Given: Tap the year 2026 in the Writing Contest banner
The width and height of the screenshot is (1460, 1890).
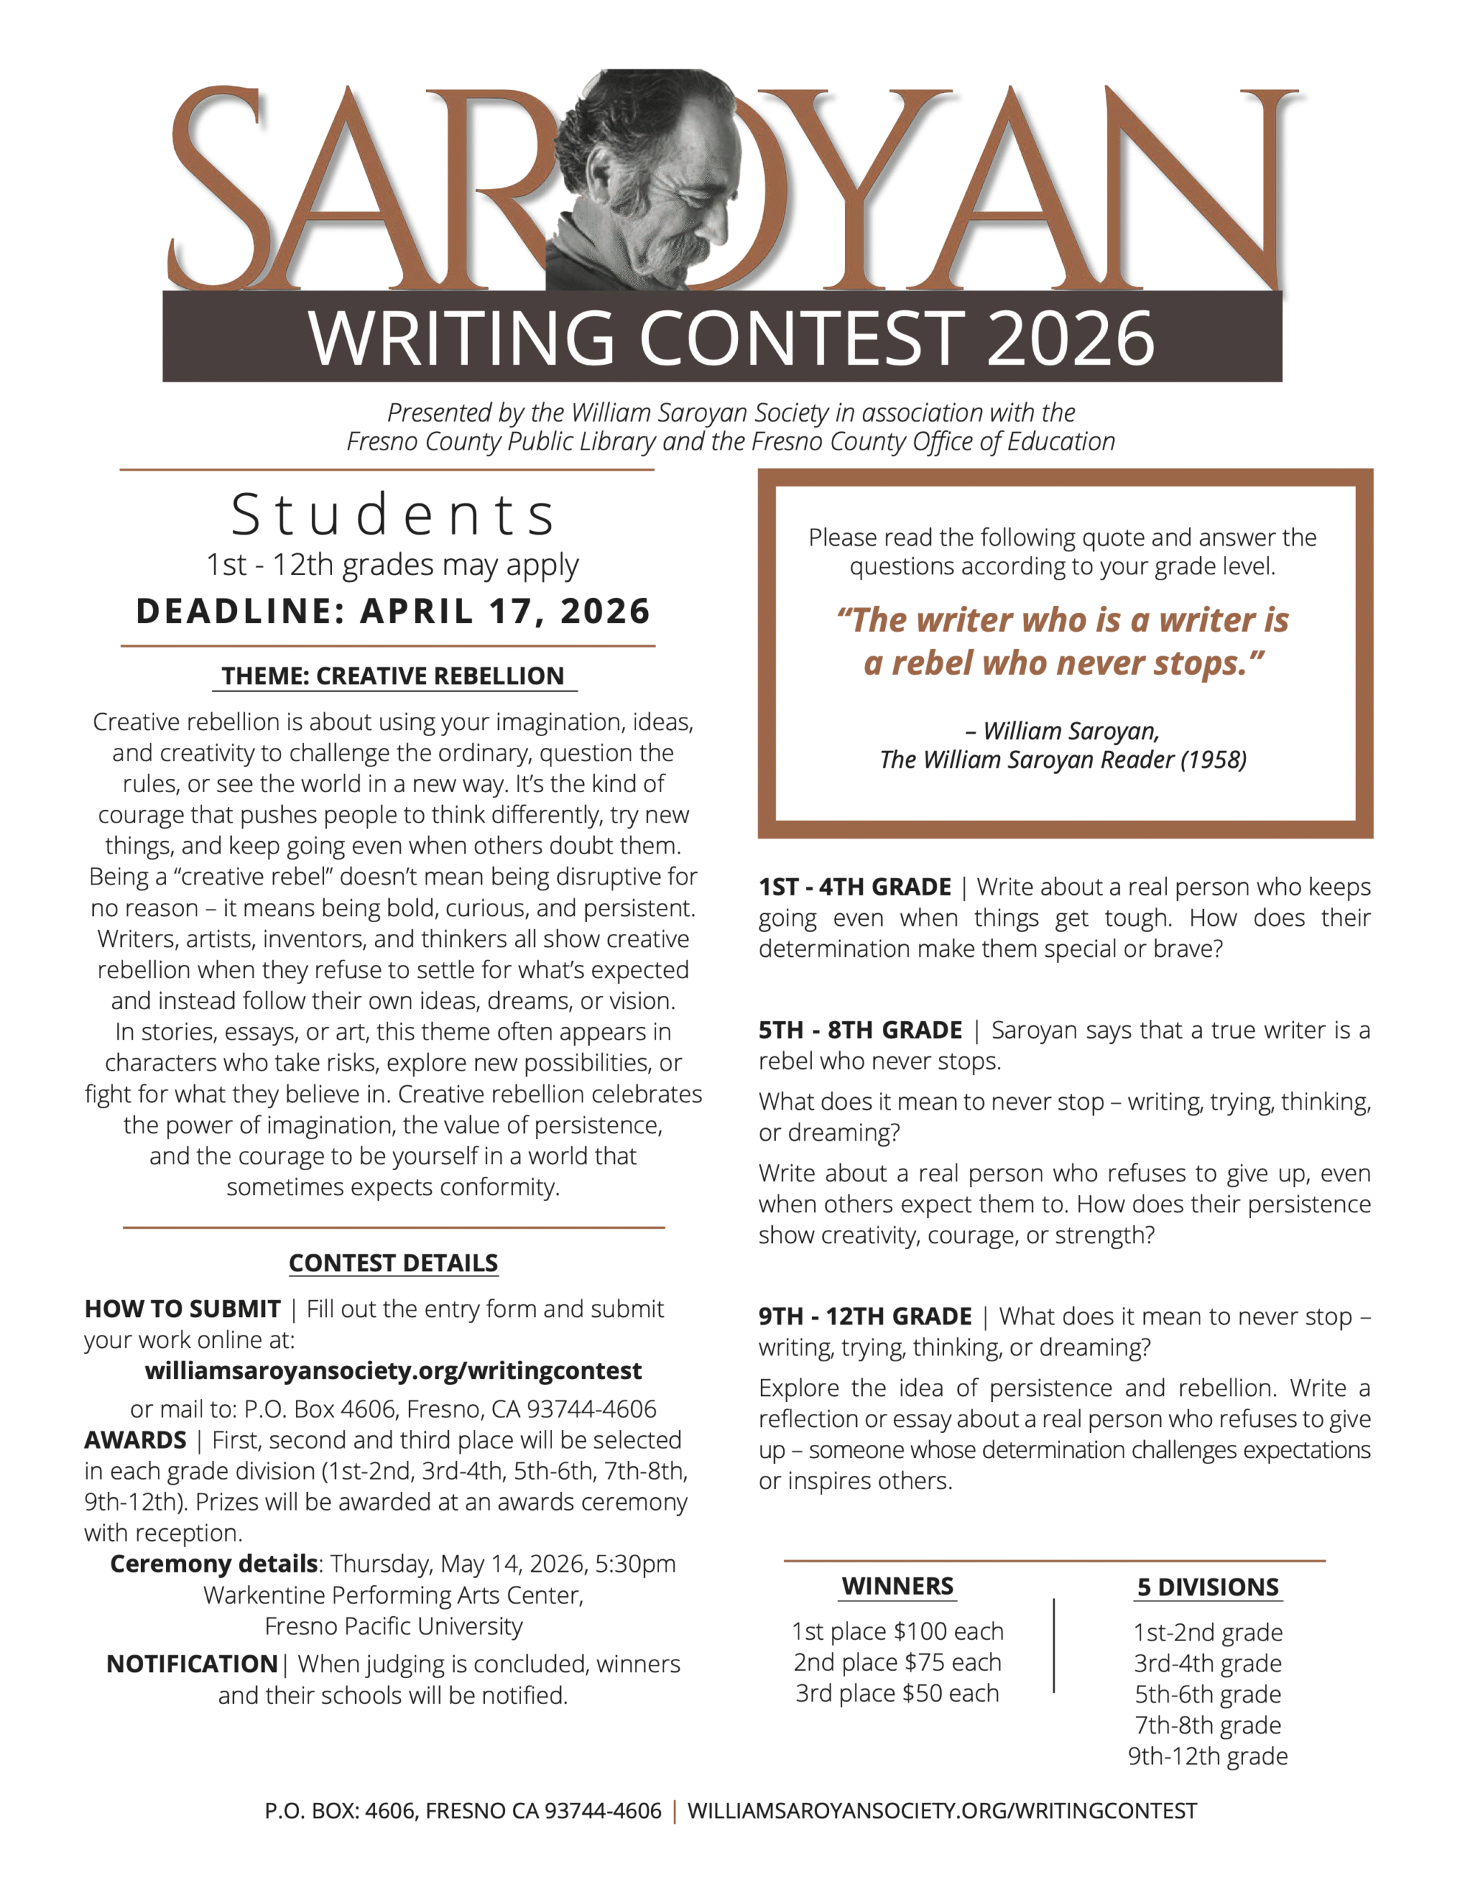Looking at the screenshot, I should (x=1070, y=338).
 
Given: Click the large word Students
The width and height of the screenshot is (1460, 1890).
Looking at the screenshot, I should (x=393, y=515).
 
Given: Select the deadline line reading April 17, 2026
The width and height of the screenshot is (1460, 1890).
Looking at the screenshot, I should (x=393, y=611).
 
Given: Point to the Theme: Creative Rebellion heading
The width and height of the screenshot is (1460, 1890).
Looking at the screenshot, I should (x=393, y=676).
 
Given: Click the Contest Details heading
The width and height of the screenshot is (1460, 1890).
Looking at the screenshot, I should (x=393, y=1262).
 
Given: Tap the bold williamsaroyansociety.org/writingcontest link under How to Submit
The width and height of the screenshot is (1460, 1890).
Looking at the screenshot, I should (x=393, y=1371).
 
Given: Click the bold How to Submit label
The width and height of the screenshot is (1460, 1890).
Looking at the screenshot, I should (x=182, y=1308).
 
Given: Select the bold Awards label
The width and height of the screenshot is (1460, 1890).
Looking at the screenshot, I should (x=135, y=1440).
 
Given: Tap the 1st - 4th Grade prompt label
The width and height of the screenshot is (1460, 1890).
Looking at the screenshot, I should (x=854, y=887).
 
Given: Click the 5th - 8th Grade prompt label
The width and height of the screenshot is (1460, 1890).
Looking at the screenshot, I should (x=860, y=1030).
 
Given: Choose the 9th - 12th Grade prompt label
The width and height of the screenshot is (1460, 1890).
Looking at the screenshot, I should (x=864, y=1316).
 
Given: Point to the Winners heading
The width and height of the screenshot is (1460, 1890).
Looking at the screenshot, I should (x=898, y=1587).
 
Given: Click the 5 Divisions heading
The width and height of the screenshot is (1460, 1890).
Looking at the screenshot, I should (x=1208, y=1587).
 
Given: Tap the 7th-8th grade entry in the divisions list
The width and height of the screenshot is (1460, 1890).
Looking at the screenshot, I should (x=1208, y=1725).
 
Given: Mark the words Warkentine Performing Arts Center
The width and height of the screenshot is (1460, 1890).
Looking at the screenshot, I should (x=393, y=1595).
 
